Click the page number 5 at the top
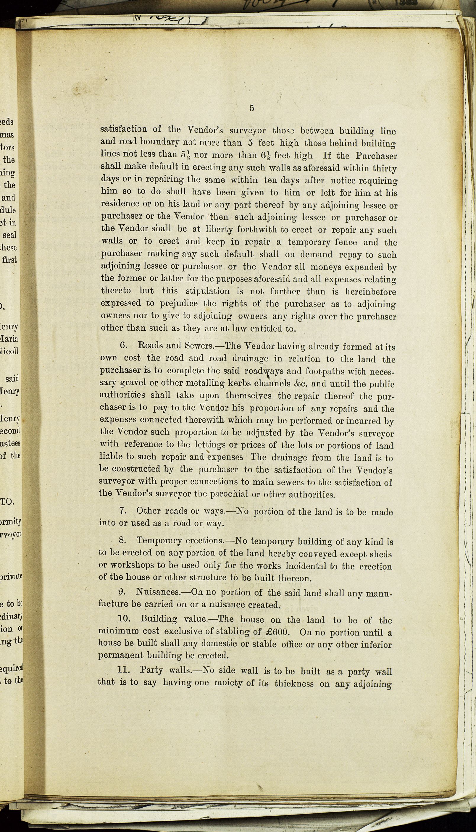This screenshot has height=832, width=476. pos(252,108)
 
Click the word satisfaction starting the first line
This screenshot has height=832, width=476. pos(124,130)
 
